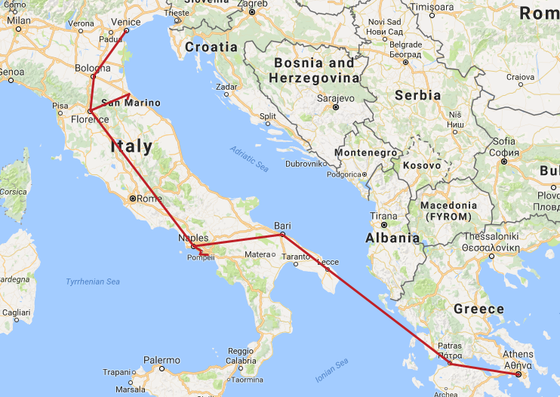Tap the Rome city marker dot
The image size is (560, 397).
click(132, 198)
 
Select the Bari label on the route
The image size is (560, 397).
click(282, 225)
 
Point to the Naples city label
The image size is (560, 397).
click(192, 238)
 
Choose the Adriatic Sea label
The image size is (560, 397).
click(250, 158)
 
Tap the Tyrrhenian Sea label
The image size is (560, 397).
click(93, 282)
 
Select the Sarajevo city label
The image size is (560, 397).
click(336, 98)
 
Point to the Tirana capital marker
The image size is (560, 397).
click(384, 225)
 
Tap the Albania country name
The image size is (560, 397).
click(392, 238)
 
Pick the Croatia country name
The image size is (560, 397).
click(211, 47)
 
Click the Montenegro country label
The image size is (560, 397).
click(365, 152)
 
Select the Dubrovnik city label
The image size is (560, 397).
click(306, 163)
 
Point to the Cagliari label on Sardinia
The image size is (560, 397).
click(16, 312)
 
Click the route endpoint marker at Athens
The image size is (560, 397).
click(518, 374)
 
